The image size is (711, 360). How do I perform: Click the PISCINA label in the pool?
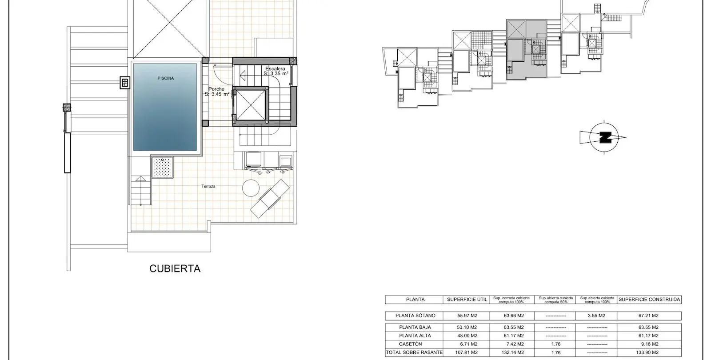point(166,78)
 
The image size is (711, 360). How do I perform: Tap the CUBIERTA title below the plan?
point(175,268)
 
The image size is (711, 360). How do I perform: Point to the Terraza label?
point(208,186)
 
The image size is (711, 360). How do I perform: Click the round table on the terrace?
point(251,188)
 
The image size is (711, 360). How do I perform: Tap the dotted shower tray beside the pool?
point(162,167)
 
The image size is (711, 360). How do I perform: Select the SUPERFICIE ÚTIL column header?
point(467,300)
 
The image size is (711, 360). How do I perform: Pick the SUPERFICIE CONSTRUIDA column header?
point(649,300)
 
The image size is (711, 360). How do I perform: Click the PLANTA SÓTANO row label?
point(415,316)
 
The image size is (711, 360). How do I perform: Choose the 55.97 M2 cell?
point(467,316)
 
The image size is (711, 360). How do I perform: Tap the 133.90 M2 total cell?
point(648,352)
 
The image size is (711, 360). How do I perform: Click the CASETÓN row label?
point(411,344)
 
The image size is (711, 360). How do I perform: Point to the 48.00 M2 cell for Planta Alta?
point(467,336)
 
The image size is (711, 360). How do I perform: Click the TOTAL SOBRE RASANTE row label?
point(414,352)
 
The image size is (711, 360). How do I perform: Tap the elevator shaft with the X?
point(251,105)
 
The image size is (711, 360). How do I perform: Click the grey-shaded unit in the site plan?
point(527,49)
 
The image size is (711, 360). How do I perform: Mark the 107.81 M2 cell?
point(466,352)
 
